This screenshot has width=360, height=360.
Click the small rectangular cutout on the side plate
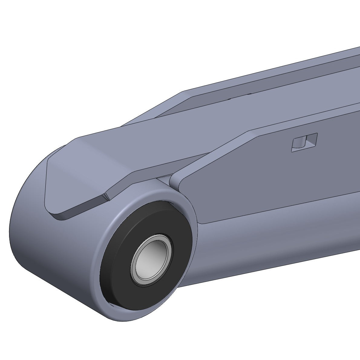point(304,142)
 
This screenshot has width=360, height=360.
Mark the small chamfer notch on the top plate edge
point(106,197)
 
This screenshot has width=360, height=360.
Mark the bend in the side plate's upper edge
point(248,132)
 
